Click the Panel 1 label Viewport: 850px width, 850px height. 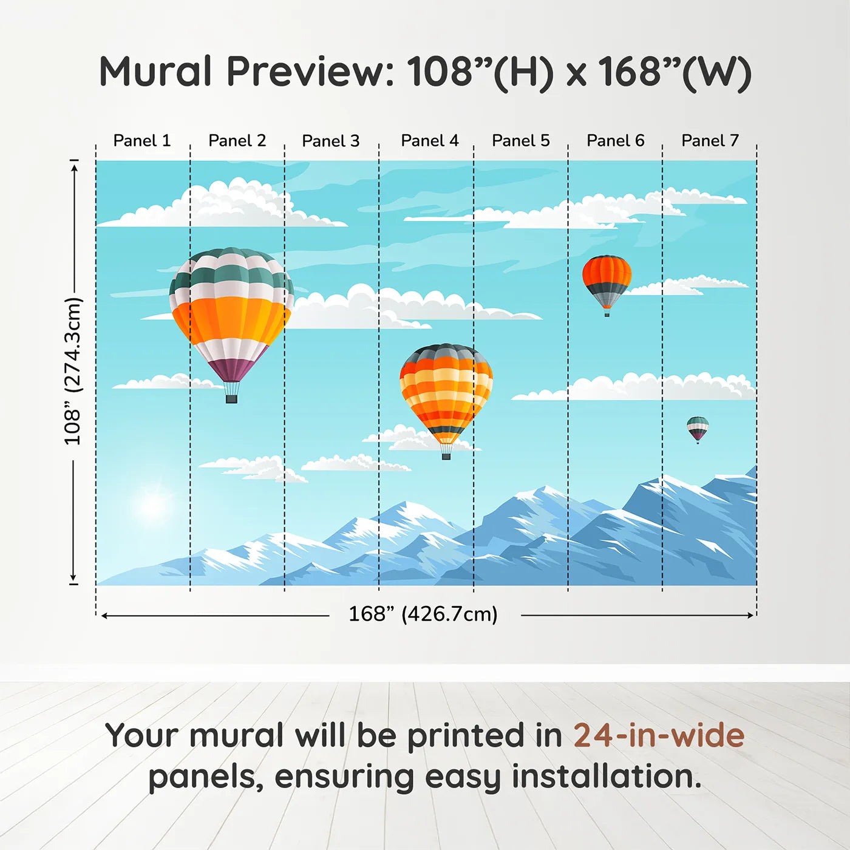pyautogui.click(x=142, y=141)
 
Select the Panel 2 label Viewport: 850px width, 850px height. pyautogui.click(x=237, y=141)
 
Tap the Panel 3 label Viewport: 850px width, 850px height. pyautogui.click(x=331, y=141)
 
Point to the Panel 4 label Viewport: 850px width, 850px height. pyautogui.click(x=430, y=141)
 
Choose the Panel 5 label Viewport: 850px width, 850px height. pyautogui.click(x=521, y=141)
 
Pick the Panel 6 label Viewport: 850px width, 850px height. pyautogui.click(x=616, y=141)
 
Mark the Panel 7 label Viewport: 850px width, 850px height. pyautogui.click(x=710, y=141)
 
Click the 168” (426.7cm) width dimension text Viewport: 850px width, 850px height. pyautogui.click(x=423, y=614)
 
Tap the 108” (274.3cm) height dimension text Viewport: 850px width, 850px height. pyautogui.click(x=73, y=371)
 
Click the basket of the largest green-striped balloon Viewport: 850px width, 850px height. pyautogui.click(x=231, y=399)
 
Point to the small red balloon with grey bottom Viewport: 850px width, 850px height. pyautogui.click(x=607, y=280)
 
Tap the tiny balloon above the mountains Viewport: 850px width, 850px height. pyautogui.click(x=698, y=428)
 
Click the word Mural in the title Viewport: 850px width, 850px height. pyautogui.click(x=155, y=72)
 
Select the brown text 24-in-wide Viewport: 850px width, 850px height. pyautogui.click(x=659, y=735)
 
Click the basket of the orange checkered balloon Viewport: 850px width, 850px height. pyautogui.click(x=446, y=455)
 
